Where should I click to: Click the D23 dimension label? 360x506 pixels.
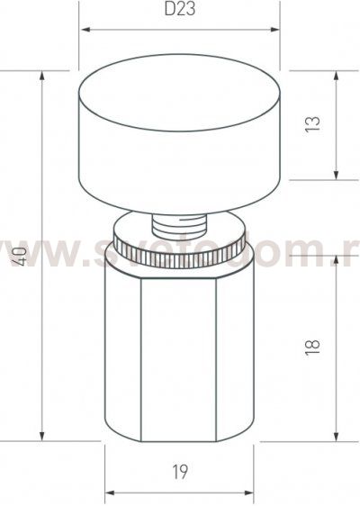click(x=181, y=12)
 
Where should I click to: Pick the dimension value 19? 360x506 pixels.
click(x=180, y=470)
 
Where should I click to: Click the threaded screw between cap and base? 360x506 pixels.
click(x=180, y=221)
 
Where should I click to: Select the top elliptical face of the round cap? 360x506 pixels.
click(x=180, y=94)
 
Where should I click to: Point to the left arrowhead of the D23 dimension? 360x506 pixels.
click(x=85, y=31)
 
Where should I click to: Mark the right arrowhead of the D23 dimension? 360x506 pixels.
click(x=274, y=31)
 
